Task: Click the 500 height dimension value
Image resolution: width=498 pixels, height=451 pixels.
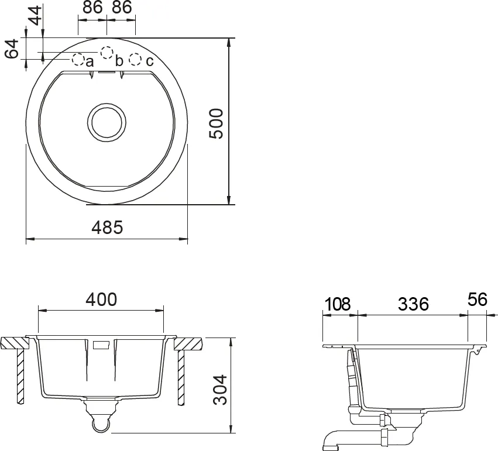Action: [217, 123]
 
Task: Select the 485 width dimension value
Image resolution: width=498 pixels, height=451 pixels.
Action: [107, 228]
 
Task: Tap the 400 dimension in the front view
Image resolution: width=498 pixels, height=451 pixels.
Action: [101, 299]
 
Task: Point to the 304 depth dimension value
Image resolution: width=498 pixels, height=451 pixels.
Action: [220, 390]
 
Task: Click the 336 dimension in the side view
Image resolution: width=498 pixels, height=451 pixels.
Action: [413, 304]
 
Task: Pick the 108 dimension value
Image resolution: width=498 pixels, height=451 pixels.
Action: [337, 304]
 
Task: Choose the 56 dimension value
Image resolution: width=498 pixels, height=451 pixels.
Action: [478, 299]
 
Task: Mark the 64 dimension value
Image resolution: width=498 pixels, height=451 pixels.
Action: [12, 49]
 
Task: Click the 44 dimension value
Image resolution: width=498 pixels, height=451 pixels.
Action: [35, 15]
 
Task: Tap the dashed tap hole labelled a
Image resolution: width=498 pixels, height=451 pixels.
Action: [78, 59]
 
